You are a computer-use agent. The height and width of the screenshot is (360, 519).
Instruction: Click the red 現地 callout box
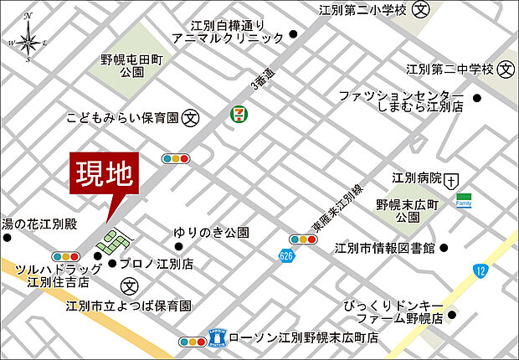pyautogui.click(x=104, y=175)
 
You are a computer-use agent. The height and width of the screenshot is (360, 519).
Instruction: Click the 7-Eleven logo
pyautogui.click(x=239, y=112)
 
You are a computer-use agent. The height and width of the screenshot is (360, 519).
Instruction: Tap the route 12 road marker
pyautogui.click(x=480, y=270)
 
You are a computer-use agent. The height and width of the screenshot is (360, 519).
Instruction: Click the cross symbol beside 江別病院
pyautogui.click(x=453, y=179)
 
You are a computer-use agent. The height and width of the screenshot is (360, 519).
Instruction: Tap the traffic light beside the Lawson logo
pyautogui.click(x=193, y=341)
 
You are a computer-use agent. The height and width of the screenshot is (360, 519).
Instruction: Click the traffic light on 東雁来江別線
pyautogui.click(x=304, y=239)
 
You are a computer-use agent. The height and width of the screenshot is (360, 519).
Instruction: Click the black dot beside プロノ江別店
pyautogui.click(x=113, y=264)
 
